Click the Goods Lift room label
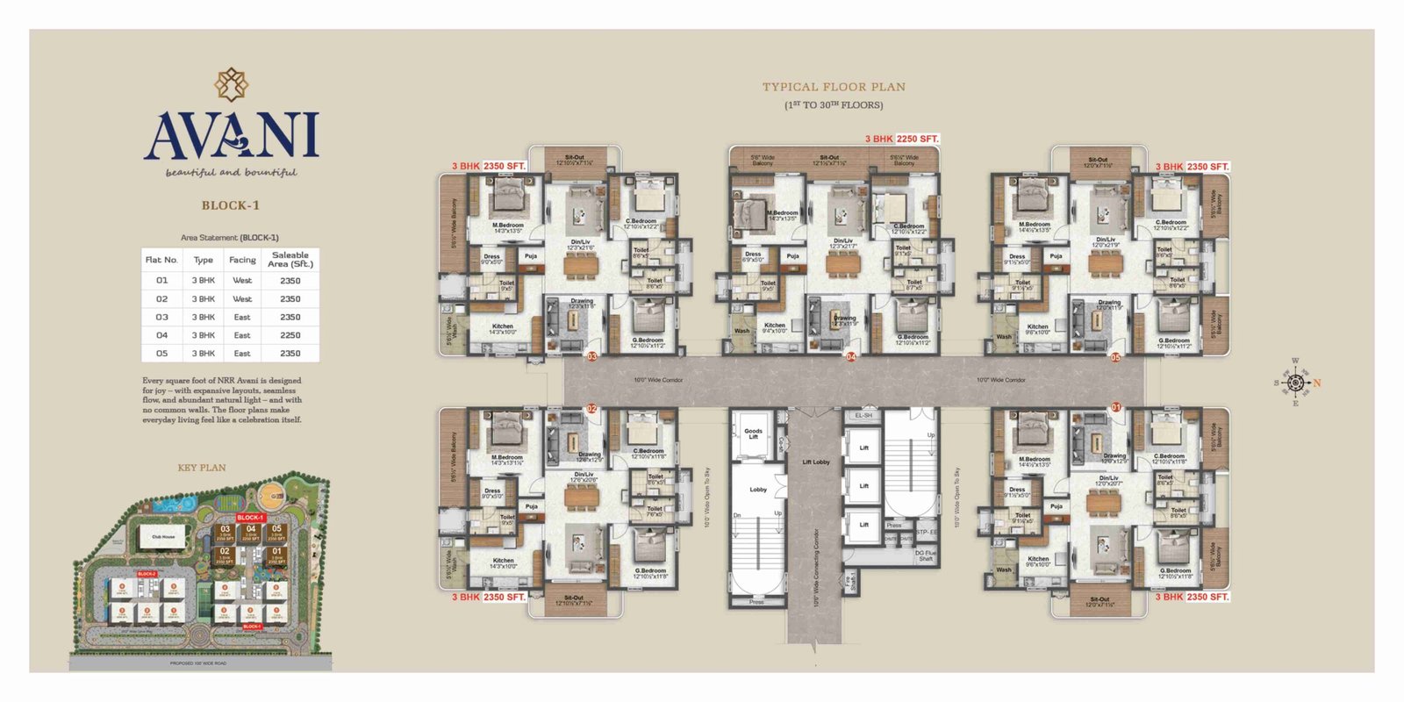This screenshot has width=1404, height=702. tap(753, 433)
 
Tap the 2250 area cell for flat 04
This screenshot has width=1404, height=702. tap(290, 335)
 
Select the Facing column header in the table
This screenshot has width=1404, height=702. tap(242, 260)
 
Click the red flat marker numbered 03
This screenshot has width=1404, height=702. tap(592, 357)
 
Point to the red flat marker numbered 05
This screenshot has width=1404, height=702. tap(1115, 357)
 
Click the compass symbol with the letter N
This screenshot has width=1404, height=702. tap(1296, 383)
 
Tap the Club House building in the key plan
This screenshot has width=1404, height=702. tap(163, 536)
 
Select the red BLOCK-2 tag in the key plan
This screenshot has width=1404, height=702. tap(147, 573)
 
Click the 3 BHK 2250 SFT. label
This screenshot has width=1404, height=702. tap(901, 139)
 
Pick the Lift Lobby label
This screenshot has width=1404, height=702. tap(815, 462)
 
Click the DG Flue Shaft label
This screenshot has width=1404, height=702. tap(925, 555)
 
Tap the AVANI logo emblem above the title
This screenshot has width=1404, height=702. tap(232, 85)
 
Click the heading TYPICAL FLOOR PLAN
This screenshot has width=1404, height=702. tap(833, 87)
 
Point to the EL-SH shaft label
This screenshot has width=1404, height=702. tap(863, 415)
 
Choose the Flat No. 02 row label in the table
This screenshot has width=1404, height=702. tap(162, 299)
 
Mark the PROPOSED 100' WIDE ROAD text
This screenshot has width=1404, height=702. tap(198, 663)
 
